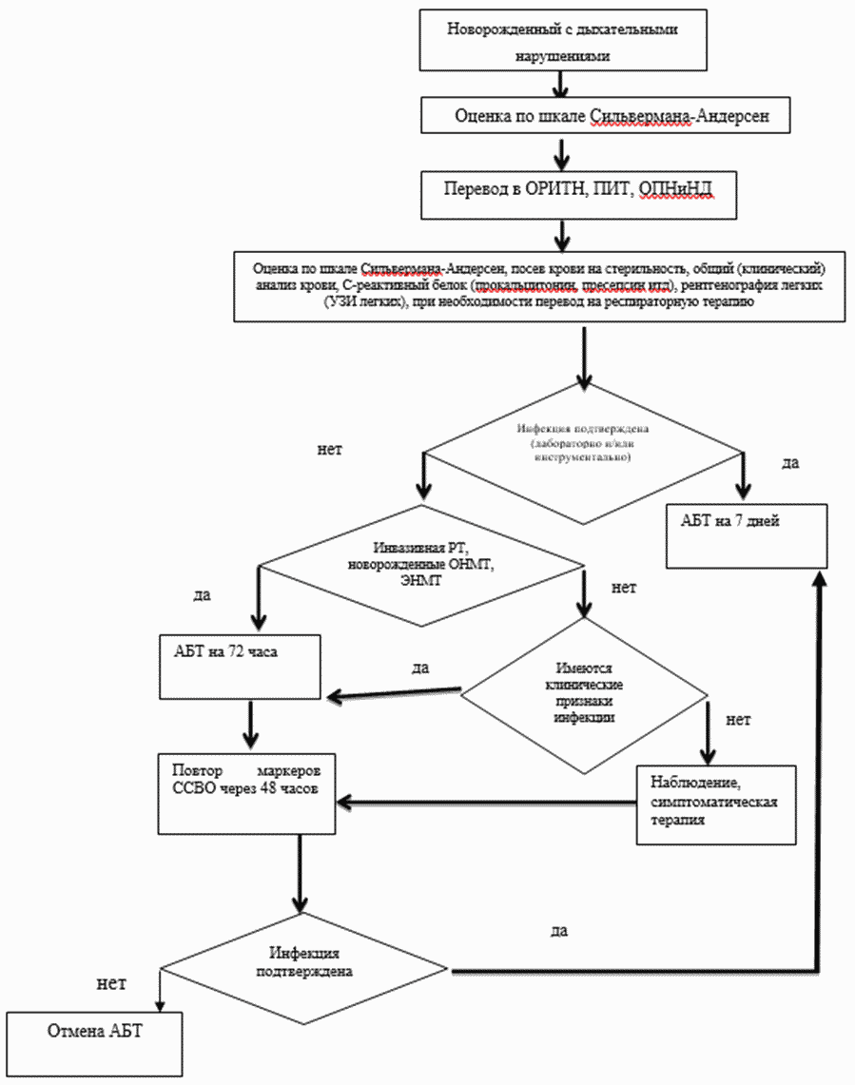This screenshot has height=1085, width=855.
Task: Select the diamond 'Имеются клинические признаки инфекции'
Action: (583, 694)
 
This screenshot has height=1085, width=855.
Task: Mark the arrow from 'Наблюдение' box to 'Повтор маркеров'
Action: (485, 803)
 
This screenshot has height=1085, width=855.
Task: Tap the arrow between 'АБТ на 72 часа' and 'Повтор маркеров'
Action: (250, 726)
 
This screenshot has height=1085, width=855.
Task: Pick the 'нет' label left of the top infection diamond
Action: (329, 447)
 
